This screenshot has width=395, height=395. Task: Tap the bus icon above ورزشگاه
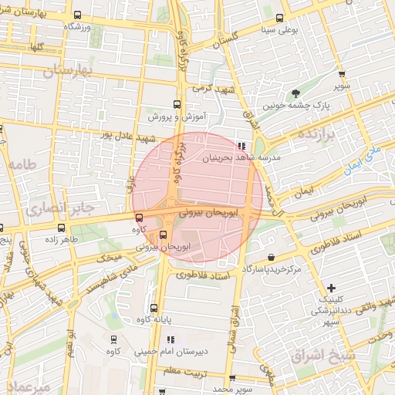(76, 15)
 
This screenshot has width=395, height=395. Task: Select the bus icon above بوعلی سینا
(279, 19)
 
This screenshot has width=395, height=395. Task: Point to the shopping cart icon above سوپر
(342, 74)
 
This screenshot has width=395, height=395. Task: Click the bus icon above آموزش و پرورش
(176, 105)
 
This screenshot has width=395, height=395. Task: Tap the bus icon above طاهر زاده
(61, 227)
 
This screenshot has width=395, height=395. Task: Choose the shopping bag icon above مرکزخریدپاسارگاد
(270, 257)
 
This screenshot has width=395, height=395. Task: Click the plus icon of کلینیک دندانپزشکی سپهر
(331, 287)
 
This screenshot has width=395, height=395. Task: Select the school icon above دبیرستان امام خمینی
(170, 339)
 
